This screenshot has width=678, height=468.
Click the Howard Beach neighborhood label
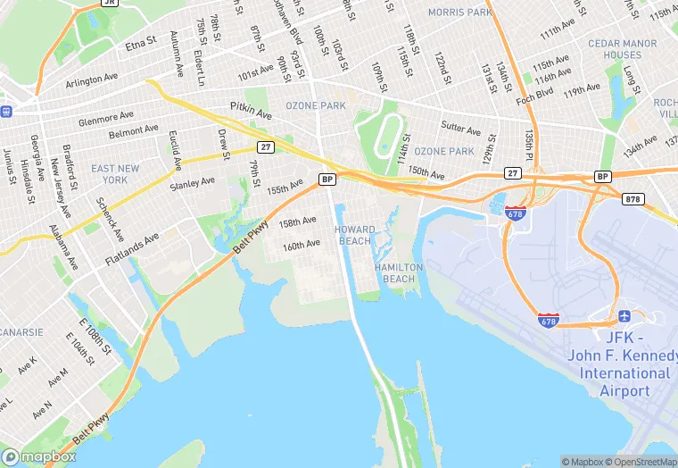(x=354, y=235)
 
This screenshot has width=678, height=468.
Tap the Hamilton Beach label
(x=395, y=272)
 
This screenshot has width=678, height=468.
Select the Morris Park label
(x=459, y=13)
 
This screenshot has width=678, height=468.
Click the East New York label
(x=115, y=173)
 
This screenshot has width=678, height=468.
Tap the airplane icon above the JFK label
(x=624, y=317)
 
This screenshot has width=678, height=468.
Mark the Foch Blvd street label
(x=533, y=93)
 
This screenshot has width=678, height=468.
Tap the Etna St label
(x=140, y=41)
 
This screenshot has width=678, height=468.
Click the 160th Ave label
(x=301, y=244)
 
